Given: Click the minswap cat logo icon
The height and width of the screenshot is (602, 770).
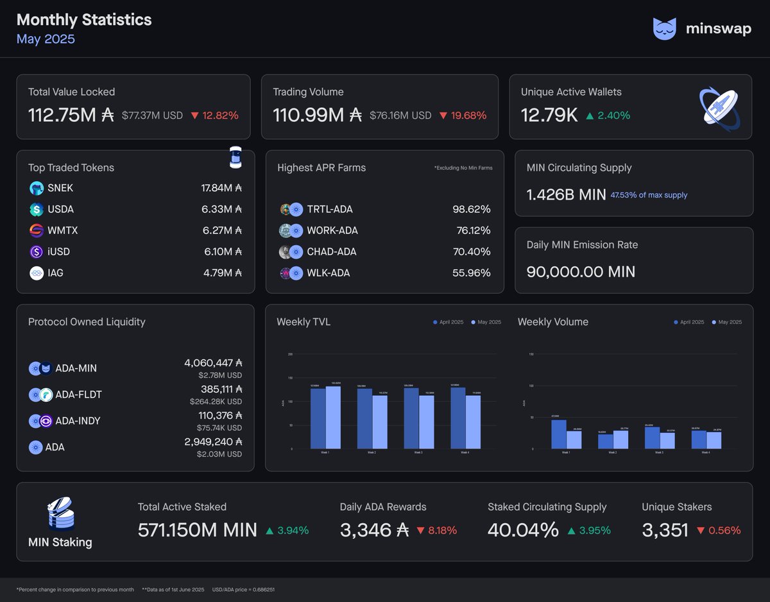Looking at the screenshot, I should pyautogui.click(x=664, y=29).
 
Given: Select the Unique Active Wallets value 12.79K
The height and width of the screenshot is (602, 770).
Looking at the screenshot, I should pyautogui.click(x=549, y=116).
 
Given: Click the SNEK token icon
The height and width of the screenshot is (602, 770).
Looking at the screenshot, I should pyautogui.click(x=37, y=188).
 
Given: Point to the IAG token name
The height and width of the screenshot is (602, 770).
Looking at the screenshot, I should pyautogui.click(x=56, y=273).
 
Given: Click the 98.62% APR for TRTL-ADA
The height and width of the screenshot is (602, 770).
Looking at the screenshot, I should pyautogui.click(x=471, y=209).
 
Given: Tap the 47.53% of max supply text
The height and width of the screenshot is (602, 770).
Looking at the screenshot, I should pyautogui.click(x=648, y=195).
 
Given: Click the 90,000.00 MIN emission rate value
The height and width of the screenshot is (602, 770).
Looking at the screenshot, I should pyautogui.click(x=581, y=271).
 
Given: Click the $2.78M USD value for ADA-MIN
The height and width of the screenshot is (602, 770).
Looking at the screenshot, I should pyautogui.click(x=219, y=375).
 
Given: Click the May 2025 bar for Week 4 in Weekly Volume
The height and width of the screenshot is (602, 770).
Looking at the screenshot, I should pyautogui.click(x=713, y=440).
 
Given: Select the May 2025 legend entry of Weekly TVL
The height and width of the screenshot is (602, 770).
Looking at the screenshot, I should pyautogui.click(x=486, y=322).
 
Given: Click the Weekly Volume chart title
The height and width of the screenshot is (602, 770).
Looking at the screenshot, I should pyautogui.click(x=552, y=322).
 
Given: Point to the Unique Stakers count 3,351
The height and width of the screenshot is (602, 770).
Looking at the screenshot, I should pyautogui.click(x=665, y=530).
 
